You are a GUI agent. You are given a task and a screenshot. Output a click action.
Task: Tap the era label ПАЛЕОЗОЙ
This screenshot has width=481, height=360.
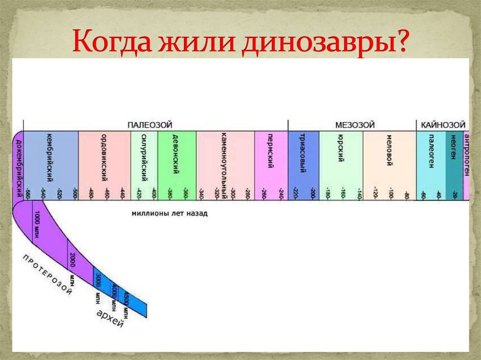point(150,125)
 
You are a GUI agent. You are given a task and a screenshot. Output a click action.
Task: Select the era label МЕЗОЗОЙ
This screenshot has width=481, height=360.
point(355,125)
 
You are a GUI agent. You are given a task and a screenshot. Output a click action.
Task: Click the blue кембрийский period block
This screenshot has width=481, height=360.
point(51,164)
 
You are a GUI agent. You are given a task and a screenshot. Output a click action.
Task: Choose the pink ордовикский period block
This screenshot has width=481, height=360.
point(104,164)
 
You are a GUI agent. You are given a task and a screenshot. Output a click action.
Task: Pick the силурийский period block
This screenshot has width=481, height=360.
point(144,164)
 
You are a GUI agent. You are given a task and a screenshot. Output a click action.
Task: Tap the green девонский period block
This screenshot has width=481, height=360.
point(177,164)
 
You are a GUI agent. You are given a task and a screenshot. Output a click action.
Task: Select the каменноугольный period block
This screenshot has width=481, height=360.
point(225,164)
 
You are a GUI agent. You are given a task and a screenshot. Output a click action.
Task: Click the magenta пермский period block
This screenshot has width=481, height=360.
point(271,164)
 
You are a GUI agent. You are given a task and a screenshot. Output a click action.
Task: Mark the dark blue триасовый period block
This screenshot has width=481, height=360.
point(303,164)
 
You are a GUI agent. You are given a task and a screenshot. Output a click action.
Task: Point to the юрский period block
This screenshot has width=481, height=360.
point(341,164)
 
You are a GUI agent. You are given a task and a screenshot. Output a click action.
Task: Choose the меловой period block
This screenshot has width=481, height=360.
point(389,164)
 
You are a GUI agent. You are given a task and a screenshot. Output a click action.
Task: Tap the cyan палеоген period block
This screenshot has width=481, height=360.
point(431,164)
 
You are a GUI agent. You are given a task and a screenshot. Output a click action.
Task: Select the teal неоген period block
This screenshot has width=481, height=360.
point(454,164)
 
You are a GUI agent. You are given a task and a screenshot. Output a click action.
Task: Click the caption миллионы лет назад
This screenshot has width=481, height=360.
point(169,213)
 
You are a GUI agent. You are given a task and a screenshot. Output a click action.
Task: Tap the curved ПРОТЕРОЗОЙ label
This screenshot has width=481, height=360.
point(47,275)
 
